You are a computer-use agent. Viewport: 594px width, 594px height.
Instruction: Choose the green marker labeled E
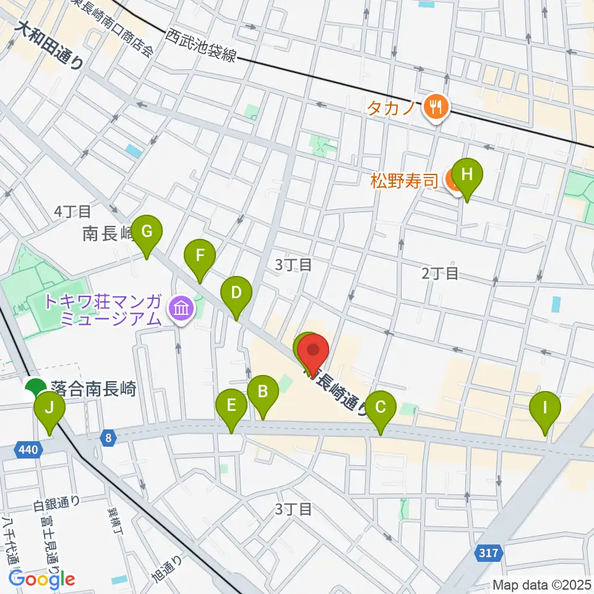coord(231,407)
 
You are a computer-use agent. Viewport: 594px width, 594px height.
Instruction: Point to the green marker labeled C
coord(380,408)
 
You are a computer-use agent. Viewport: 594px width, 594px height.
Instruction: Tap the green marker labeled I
coord(545,408)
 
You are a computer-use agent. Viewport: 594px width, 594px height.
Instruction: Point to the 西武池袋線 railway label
coord(201,46)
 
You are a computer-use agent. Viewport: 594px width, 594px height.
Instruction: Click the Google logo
coord(41,579)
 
